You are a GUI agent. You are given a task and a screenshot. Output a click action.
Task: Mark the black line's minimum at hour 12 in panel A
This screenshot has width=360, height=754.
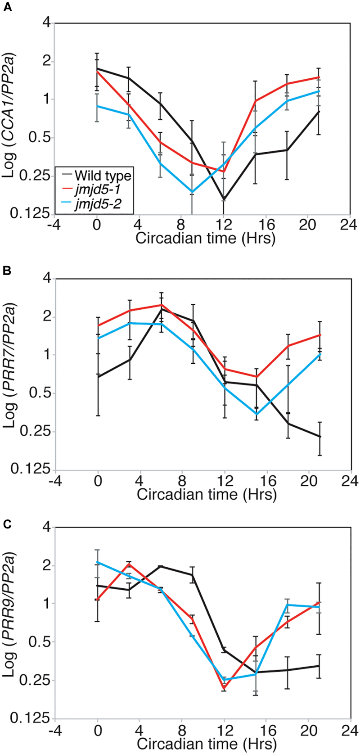coord(224,199)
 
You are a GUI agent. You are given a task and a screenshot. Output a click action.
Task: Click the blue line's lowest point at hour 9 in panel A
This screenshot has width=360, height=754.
coord(192,193)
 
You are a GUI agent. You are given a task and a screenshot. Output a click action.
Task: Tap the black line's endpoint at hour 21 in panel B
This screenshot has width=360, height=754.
coord(319,437)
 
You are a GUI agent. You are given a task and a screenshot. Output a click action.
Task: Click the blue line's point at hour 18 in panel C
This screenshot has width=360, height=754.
coord(287,605)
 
